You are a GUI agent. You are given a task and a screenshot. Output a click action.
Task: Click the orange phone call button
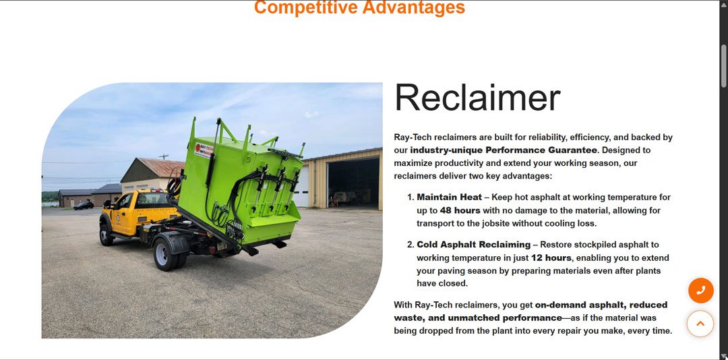700,291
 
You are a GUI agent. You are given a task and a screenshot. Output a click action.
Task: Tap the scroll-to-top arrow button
700,324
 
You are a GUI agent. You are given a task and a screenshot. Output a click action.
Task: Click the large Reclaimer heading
477,98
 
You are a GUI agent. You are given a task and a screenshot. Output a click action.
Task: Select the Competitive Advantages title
359,7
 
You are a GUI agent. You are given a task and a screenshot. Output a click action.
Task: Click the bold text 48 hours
460,210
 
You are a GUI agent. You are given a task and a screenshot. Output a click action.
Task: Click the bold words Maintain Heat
450,198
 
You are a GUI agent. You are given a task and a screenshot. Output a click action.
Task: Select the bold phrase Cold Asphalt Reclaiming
474,245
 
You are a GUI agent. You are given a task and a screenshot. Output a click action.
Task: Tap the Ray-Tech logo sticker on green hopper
204,150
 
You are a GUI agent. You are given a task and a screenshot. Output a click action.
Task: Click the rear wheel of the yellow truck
166,253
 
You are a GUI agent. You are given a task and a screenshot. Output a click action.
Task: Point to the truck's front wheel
106,235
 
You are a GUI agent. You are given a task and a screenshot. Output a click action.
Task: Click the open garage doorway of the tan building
353,182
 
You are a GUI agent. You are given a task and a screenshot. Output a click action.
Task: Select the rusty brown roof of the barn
161,168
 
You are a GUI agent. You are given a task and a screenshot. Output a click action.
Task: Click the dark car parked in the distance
84,206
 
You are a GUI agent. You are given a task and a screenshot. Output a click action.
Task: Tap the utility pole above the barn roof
164,156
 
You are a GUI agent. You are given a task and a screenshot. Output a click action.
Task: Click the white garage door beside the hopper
302,187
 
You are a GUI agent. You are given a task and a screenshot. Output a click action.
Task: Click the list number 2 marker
410,245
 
